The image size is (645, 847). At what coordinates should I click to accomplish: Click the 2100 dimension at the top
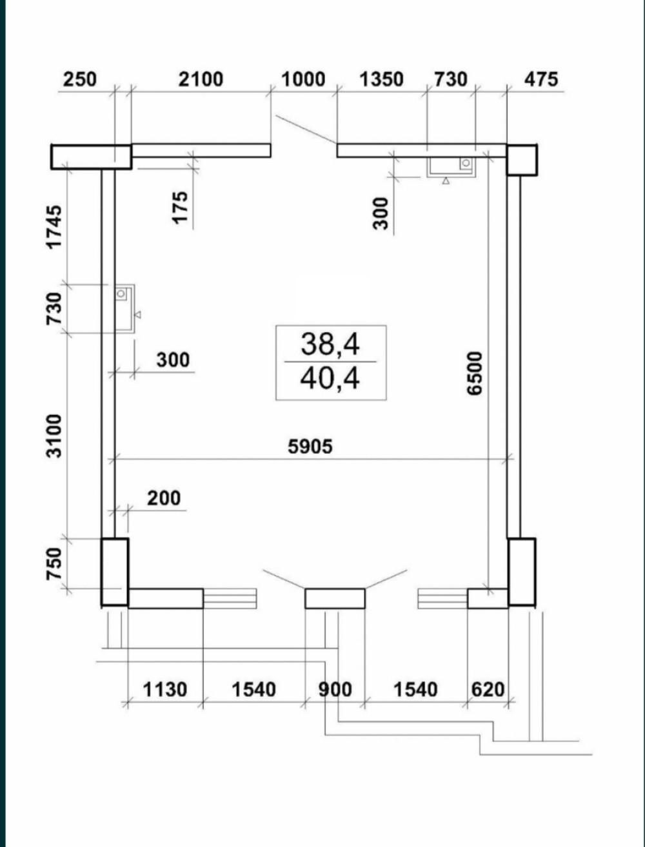(x=201, y=79)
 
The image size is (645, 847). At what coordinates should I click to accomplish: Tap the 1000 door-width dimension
(x=303, y=79)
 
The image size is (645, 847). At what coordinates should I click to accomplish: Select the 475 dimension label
(x=541, y=79)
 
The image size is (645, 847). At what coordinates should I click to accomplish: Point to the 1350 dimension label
(x=381, y=79)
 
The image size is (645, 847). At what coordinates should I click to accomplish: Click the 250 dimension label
(x=80, y=79)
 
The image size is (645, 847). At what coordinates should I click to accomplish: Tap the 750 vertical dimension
(x=54, y=564)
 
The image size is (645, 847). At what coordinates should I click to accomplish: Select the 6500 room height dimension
(x=475, y=373)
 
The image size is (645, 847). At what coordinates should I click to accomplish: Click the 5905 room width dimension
(x=310, y=447)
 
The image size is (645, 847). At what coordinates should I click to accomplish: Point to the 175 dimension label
(x=180, y=208)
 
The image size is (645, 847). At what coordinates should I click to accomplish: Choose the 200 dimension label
(x=164, y=498)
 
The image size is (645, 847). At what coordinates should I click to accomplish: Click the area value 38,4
(x=330, y=344)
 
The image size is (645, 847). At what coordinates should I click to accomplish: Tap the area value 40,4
(x=330, y=378)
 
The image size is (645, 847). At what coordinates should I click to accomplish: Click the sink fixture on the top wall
(x=451, y=168)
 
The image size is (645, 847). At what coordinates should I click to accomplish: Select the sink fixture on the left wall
(x=124, y=308)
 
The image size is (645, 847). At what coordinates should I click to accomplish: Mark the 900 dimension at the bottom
(x=335, y=690)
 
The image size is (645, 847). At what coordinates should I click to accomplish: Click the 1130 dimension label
(x=165, y=690)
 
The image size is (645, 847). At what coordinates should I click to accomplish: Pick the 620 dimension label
(x=488, y=690)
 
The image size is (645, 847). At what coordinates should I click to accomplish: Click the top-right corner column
(x=522, y=160)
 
